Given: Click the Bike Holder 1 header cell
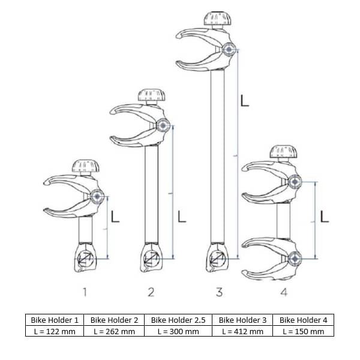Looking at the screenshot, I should [55, 320].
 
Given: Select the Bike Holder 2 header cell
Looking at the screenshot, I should [114, 320].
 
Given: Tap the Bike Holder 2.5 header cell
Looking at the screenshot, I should [178, 320].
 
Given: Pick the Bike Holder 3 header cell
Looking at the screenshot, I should [242, 320].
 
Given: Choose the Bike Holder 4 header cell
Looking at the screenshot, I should [302, 320].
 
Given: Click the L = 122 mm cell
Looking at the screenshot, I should [55, 331].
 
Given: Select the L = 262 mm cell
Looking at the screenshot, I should [114, 331].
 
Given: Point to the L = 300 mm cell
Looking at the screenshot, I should [178, 331].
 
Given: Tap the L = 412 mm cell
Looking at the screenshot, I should [242, 331].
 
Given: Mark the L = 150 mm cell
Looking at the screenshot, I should [302, 331].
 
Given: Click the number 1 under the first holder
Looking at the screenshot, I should [85, 292].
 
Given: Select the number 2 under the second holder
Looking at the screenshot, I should [151, 292].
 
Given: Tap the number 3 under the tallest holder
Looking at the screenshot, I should [219, 292].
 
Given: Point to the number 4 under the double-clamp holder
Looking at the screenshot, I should [284, 292].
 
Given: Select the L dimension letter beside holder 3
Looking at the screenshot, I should [244, 100].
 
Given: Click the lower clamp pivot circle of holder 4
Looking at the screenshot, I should [294, 259].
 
